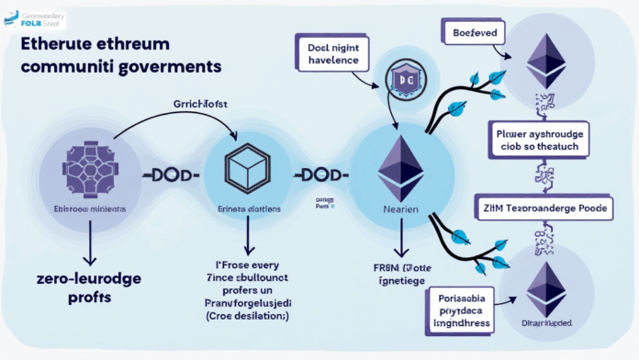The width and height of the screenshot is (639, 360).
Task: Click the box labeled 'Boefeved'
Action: point(476,34)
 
